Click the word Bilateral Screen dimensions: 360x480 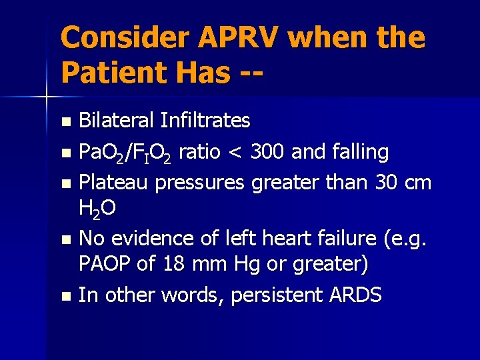(117, 121)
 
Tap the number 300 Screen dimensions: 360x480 (267, 152)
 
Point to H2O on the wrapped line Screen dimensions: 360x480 (97, 209)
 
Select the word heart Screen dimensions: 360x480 (283, 237)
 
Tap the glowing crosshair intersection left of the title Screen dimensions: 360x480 (45, 97)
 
